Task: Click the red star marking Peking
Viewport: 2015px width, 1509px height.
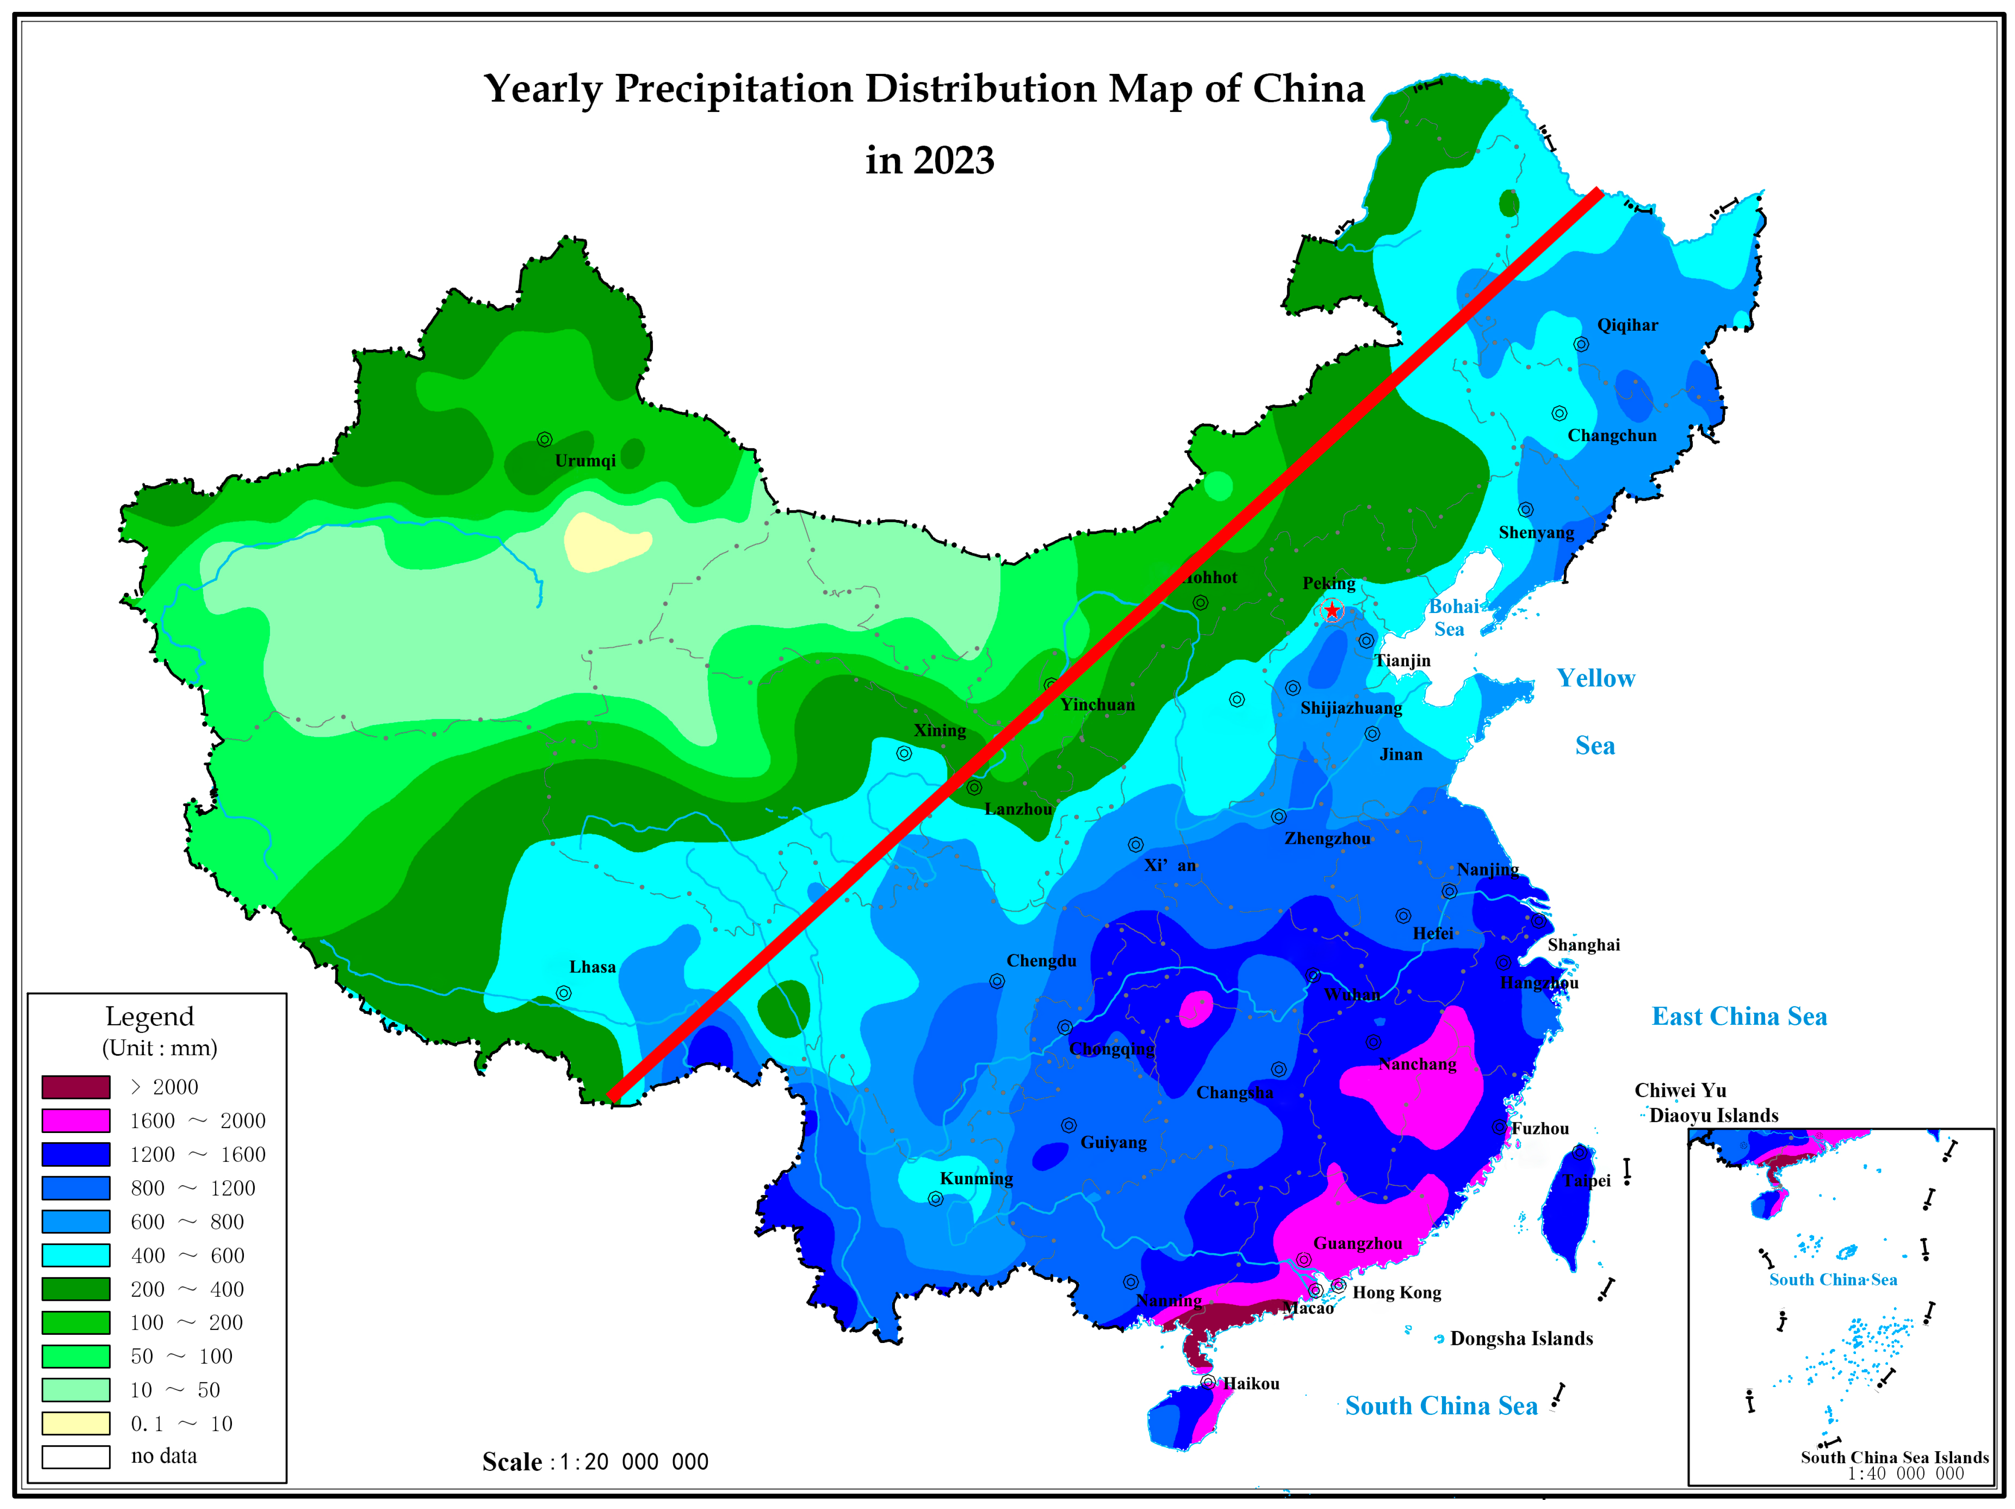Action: (x=1332, y=610)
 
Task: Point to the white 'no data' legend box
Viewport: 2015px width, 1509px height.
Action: (x=76, y=1456)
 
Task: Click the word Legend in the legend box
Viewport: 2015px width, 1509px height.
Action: (x=149, y=1016)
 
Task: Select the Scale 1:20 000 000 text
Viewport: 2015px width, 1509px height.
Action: (x=595, y=1462)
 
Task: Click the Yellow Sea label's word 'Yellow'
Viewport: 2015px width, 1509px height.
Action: (x=1595, y=678)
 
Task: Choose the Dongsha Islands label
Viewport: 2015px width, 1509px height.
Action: (x=1521, y=1338)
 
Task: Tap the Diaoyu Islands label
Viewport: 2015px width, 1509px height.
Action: (x=1713, y=1115)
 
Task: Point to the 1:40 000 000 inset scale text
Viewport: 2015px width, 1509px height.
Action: (x=1906, y=1473)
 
